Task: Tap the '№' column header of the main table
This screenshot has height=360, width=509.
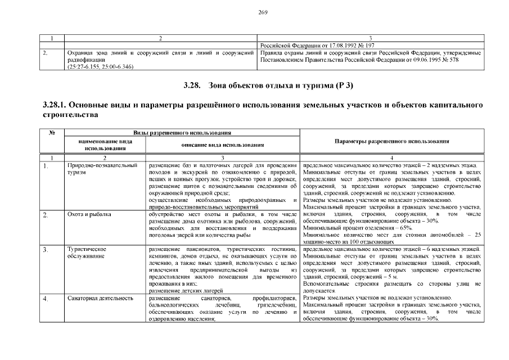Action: [52, 133]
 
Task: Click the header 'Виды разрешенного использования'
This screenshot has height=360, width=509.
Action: [182, 133]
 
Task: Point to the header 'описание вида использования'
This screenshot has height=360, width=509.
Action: [223, 145]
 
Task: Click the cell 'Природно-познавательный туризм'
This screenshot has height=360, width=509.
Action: [102, 169]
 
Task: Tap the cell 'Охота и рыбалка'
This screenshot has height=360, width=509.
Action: [89, 214]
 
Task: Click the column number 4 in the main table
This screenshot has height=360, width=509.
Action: [392, 157]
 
